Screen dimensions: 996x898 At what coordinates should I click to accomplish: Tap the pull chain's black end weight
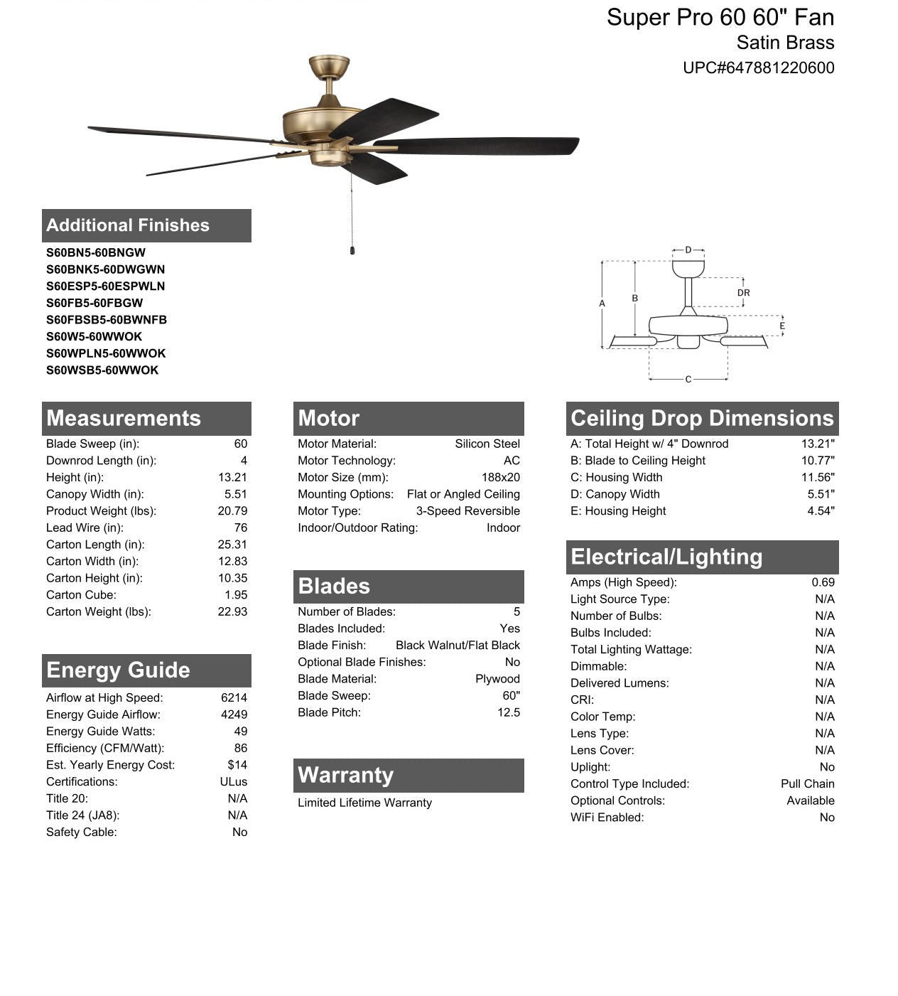(x=352, y=250)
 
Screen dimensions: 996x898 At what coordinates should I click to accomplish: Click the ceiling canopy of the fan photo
(x=329, y=67)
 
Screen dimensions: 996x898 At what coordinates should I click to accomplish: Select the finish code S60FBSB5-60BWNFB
(x=107, y=320)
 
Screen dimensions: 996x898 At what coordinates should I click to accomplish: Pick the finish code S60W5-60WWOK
(x=94, y=336)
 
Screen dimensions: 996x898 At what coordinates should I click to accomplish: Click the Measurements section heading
(x=124, y=418)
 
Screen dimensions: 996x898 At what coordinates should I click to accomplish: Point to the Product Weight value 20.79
(x=232, y=511)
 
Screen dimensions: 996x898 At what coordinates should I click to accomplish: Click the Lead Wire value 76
(x=240, y=528)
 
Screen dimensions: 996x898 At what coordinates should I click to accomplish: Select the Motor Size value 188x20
(x=500, y=478)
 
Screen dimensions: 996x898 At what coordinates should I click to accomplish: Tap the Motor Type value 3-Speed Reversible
(x=467, y=511)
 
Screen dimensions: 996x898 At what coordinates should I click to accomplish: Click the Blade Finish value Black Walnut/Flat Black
(x=458, y=646)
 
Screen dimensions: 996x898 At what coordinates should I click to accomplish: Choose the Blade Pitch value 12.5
(x=508, y=712)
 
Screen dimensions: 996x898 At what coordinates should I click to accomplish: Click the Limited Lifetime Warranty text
(x=364, y=803)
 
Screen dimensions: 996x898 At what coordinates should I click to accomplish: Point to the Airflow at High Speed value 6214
(x=234, y=698)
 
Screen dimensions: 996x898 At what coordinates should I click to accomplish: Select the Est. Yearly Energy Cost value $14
(x=237, y=765)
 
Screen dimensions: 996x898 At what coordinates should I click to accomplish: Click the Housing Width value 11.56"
(x=818, y=478)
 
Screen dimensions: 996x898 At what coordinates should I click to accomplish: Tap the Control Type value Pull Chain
(x=807, y=783)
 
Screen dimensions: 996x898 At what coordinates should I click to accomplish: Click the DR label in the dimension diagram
(x=743, y=293)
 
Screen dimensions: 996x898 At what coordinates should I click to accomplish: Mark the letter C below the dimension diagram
(x=688, y=380)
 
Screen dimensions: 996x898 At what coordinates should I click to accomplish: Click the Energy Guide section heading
(x=118, y=670)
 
